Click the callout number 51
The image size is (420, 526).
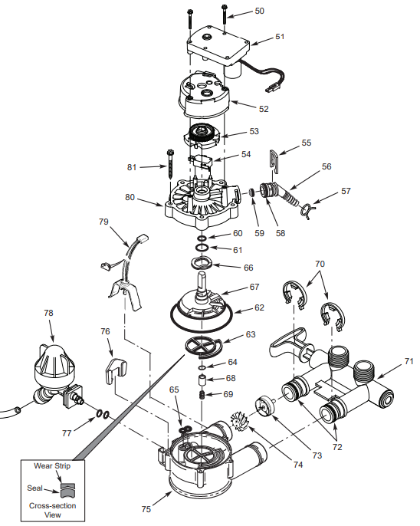[x=280, y=36]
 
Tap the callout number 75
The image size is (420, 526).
[x=146, y=509]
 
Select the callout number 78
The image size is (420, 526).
[x=48, y=313]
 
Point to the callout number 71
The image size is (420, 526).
[x=409, y=361]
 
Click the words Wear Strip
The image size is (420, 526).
[x=52, y=466]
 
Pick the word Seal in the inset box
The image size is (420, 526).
[x=34, y=488]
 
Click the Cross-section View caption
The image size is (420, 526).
[x=53, y=510]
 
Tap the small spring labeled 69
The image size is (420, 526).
[x=202, y=395]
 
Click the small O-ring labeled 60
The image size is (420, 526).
[x=202, y=238]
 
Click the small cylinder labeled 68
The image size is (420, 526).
[x=202, y=381]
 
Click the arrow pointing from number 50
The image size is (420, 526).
[x=241, y=14]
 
